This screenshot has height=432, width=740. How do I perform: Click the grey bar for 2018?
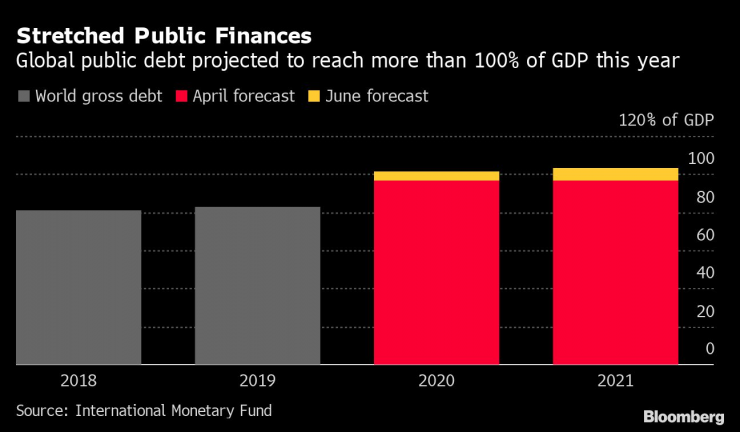tap(78, 287)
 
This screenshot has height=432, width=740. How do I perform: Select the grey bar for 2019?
tap(257, 285)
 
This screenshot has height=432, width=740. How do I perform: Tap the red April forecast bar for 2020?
tap(436, 272)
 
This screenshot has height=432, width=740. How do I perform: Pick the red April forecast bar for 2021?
tap(615, 272)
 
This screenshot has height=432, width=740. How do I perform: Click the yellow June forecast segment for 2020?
tap(436, 176)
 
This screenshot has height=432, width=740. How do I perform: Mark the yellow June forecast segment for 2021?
tap(615, 174)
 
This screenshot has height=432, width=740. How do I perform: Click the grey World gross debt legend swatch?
tap(23, 97)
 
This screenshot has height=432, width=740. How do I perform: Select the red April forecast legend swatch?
tap(182, 97)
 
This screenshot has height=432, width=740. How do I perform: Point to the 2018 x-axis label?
tap(78, 381)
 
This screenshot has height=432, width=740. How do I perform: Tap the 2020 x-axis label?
tap(436, 381)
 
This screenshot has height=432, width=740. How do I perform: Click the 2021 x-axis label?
tap(615, 381)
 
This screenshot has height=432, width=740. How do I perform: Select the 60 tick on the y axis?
tap(704, 235)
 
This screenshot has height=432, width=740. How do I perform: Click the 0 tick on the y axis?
tap(709, 349)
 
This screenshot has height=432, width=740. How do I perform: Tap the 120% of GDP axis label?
tap(666, 120)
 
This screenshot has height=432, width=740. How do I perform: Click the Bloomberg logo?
tap(683, 415)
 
